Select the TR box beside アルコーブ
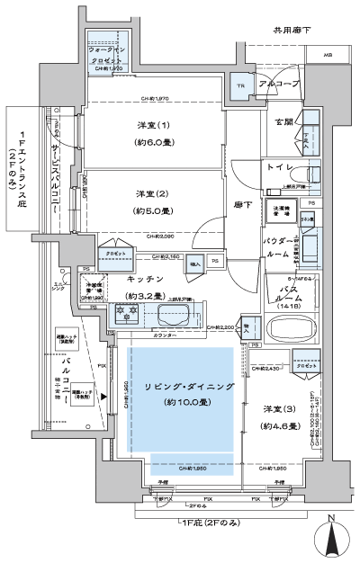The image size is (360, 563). click(240, 87)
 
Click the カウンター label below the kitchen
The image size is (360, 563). click(164, 335)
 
